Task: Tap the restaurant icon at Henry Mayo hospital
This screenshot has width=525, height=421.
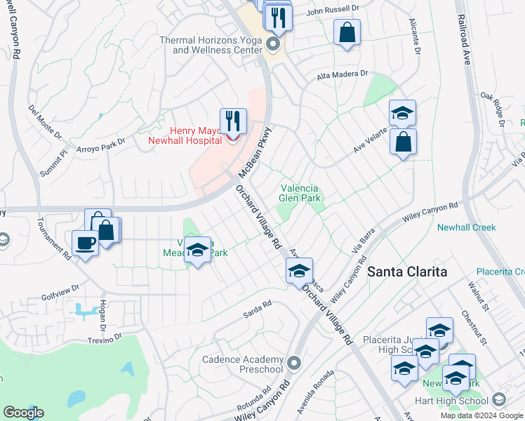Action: [x=233, y=121]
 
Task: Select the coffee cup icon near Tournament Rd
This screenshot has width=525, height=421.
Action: [x=85, y=243]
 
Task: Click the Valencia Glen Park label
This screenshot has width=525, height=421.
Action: [x=300, y=193]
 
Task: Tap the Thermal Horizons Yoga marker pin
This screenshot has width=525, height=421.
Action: [x=274, y=46]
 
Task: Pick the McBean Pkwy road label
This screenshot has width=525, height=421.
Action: [x=255, y=150]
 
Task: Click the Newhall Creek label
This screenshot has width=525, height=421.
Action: [x=466, y=227]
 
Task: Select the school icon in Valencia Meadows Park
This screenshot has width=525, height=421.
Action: [x=198, y=250]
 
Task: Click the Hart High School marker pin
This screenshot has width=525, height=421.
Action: [x=498, y=401]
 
